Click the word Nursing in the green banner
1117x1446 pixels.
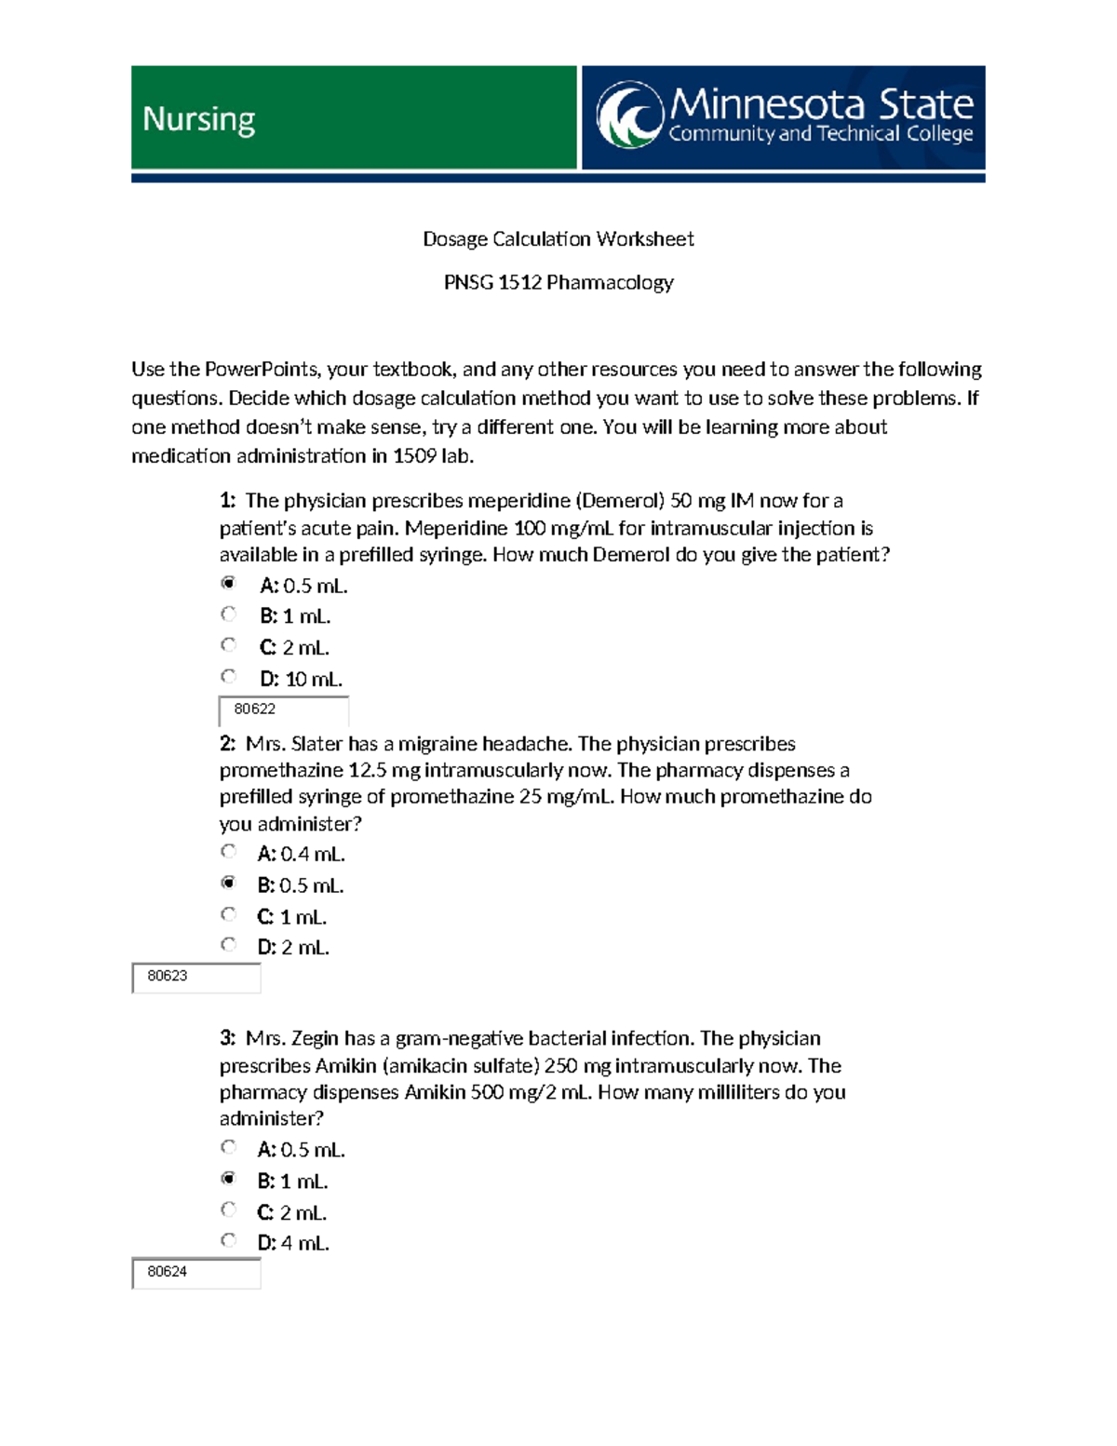[198, 119]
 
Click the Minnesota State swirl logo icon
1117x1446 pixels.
[630, 115]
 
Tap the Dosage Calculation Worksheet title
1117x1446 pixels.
[558, 239]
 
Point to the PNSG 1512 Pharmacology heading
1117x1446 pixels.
[558, 282]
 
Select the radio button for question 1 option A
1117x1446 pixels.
[228, 584]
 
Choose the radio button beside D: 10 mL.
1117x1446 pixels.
[228, 677]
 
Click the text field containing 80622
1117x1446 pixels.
[283, 709]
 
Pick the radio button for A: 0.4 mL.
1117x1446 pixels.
[228, 852]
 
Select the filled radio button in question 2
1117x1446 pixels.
[228, 883]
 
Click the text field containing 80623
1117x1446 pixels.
[196, 977]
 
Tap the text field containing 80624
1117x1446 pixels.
[196, 1272]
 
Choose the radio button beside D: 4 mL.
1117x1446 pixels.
[228, 1241]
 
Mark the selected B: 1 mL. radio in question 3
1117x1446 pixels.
[228, 1179]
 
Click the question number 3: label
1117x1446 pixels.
[228, 1038]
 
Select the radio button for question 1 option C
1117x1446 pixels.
[228, 645]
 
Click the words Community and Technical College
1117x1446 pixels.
[820, 134]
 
